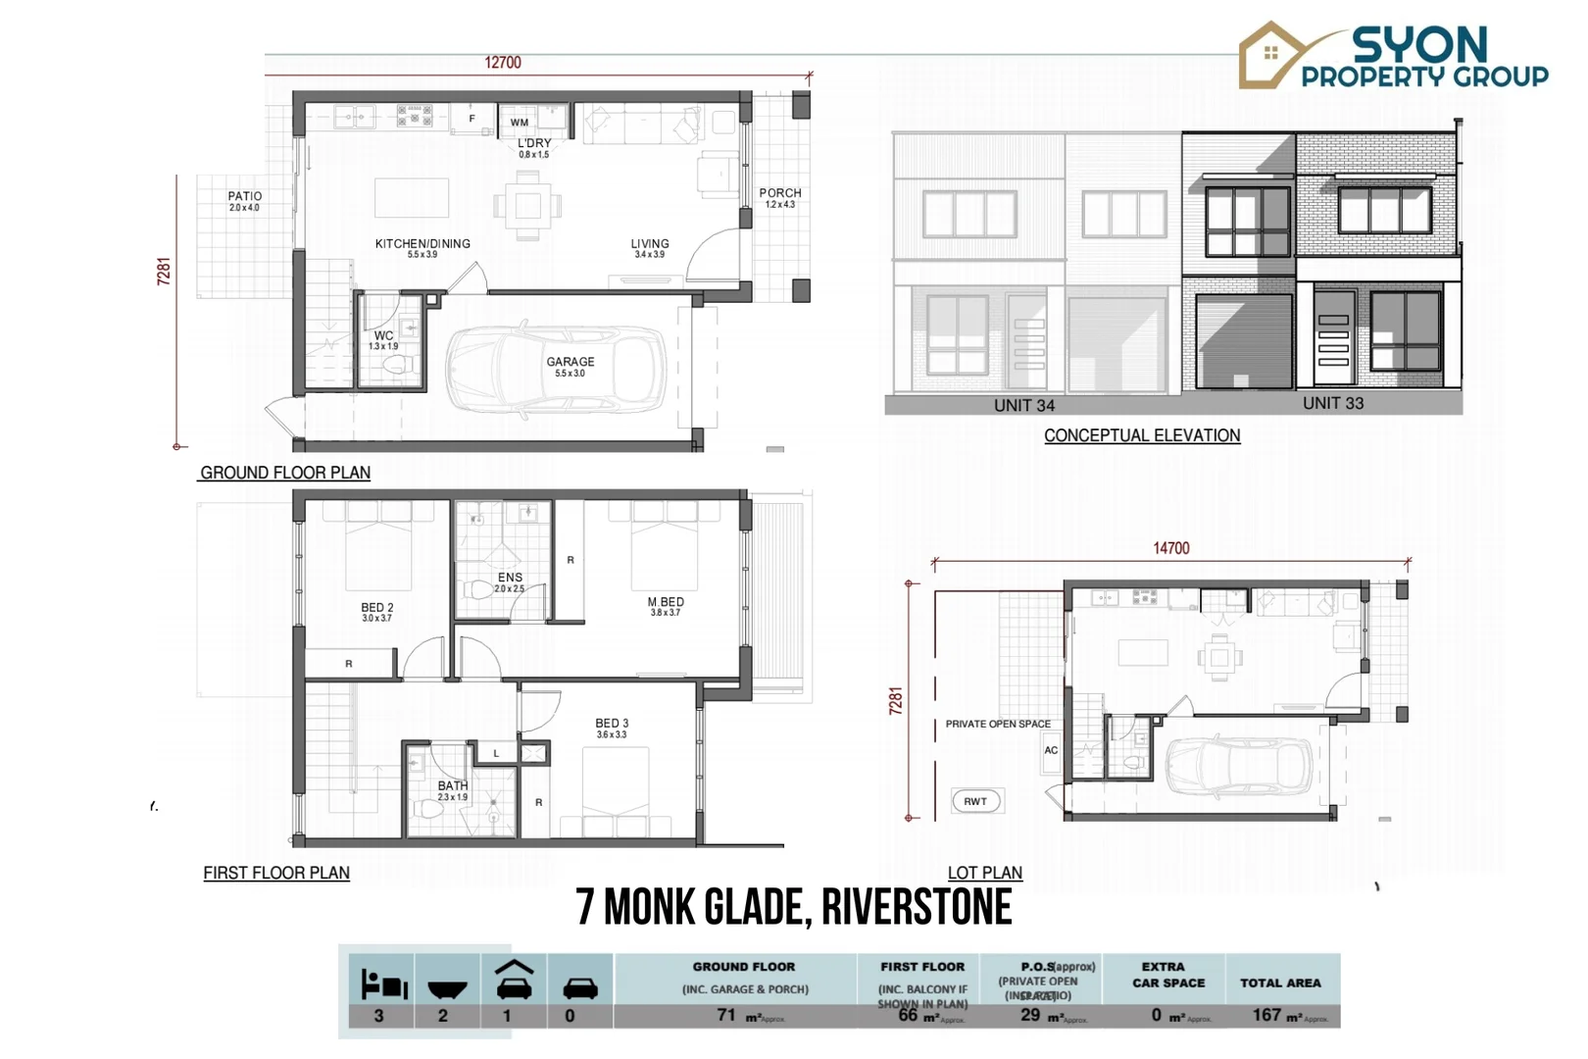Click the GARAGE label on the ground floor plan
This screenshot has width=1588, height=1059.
571,362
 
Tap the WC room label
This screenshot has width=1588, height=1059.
383,335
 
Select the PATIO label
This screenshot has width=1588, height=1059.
245,196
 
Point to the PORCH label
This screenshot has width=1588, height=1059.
780,193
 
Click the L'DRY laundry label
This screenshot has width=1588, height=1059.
534,143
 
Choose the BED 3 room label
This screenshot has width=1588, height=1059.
612,724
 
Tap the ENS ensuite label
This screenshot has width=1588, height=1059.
510,578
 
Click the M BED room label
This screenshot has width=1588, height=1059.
666,602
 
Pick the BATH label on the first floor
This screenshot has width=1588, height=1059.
453,786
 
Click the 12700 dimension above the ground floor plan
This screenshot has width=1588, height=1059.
503,63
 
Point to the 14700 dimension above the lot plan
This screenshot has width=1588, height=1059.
1171,548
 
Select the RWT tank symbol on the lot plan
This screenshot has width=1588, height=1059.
976,801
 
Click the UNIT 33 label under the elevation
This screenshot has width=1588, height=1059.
1333,403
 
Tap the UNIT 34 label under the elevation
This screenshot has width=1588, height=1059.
1024,406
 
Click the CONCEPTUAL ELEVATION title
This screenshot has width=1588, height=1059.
1142,435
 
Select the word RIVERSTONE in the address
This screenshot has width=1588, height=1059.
917,907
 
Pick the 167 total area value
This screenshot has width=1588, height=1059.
1266,1015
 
